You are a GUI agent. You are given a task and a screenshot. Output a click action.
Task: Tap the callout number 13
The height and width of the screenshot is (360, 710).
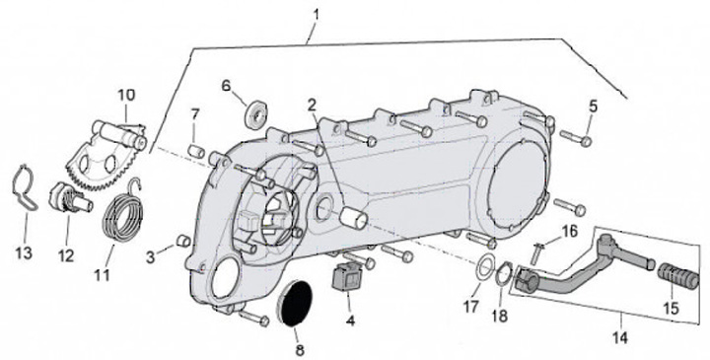24,252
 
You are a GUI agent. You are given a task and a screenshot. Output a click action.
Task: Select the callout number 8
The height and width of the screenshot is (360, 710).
300,349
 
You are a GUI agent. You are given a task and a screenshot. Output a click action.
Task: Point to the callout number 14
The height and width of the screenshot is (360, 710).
620,337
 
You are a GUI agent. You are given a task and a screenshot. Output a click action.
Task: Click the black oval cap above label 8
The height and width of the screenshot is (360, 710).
294,303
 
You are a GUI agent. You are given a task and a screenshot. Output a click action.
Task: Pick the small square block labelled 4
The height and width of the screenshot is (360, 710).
345,277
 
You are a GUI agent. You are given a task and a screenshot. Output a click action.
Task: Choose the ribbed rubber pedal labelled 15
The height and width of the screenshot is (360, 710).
677,276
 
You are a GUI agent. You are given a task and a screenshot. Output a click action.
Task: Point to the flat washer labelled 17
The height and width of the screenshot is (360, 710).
483,267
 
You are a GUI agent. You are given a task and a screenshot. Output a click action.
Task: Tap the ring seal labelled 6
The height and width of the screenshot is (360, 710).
256,116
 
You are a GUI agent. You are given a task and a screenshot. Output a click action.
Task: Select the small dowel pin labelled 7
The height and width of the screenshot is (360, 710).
196,150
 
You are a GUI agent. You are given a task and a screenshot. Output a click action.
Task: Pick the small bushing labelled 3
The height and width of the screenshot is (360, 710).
183,241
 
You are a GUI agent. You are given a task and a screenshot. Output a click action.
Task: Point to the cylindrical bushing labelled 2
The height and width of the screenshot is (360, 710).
353,218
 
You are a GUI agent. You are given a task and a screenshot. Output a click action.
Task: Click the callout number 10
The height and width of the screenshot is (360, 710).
127,95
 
